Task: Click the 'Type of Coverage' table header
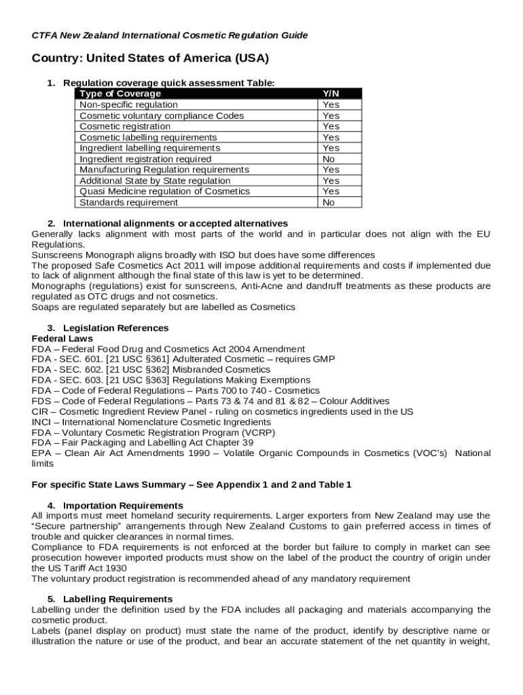(120, 94)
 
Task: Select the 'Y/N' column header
(331, 94)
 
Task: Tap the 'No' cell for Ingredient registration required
(329, 159)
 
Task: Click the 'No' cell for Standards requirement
(329, 202)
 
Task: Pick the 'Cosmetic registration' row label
(125, 126)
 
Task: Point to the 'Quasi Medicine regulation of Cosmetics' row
(164, 191)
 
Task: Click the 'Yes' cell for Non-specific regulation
(331, 105)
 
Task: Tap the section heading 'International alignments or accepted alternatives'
(175, 223)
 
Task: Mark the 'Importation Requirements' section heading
(123, 506)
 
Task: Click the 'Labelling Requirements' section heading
(118, 599)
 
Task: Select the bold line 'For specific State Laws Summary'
(192, 485)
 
